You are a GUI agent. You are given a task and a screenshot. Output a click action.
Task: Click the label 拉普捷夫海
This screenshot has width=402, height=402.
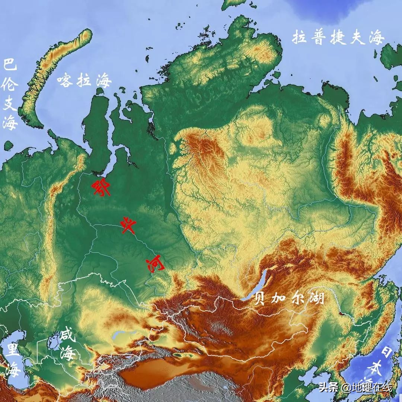pos(338,38)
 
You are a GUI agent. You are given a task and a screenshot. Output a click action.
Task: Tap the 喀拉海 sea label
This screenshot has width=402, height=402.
pos(84,80)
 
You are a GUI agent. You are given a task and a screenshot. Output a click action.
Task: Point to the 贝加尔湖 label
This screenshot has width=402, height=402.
pos(289,298)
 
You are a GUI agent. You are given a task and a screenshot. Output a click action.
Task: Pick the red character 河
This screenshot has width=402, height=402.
pos(154,264)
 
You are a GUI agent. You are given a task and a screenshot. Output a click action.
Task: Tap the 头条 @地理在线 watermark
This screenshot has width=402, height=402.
pos(355,387)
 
